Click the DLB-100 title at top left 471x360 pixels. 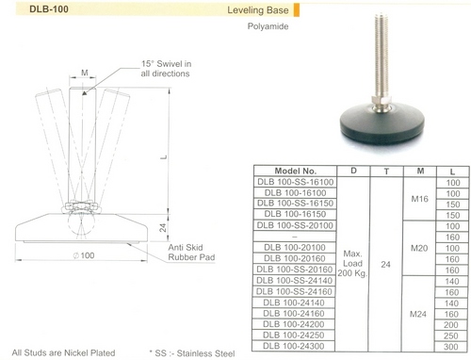pos(49,9)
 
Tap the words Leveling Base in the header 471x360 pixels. pos(258,10)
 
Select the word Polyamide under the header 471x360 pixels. pos(268,26)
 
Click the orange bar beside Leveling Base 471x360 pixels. pos(297,9)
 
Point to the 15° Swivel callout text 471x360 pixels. pos(166,69)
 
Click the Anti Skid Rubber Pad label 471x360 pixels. pos(191,253)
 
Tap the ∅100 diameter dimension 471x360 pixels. pos(84,255)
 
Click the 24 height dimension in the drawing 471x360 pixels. pos(163,228)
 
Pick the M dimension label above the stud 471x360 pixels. pos(85,73)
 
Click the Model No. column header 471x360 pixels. pos(295,171)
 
